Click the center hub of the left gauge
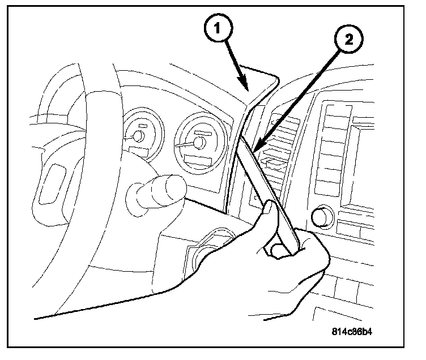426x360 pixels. pyautogui.click(x=138, y=136)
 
